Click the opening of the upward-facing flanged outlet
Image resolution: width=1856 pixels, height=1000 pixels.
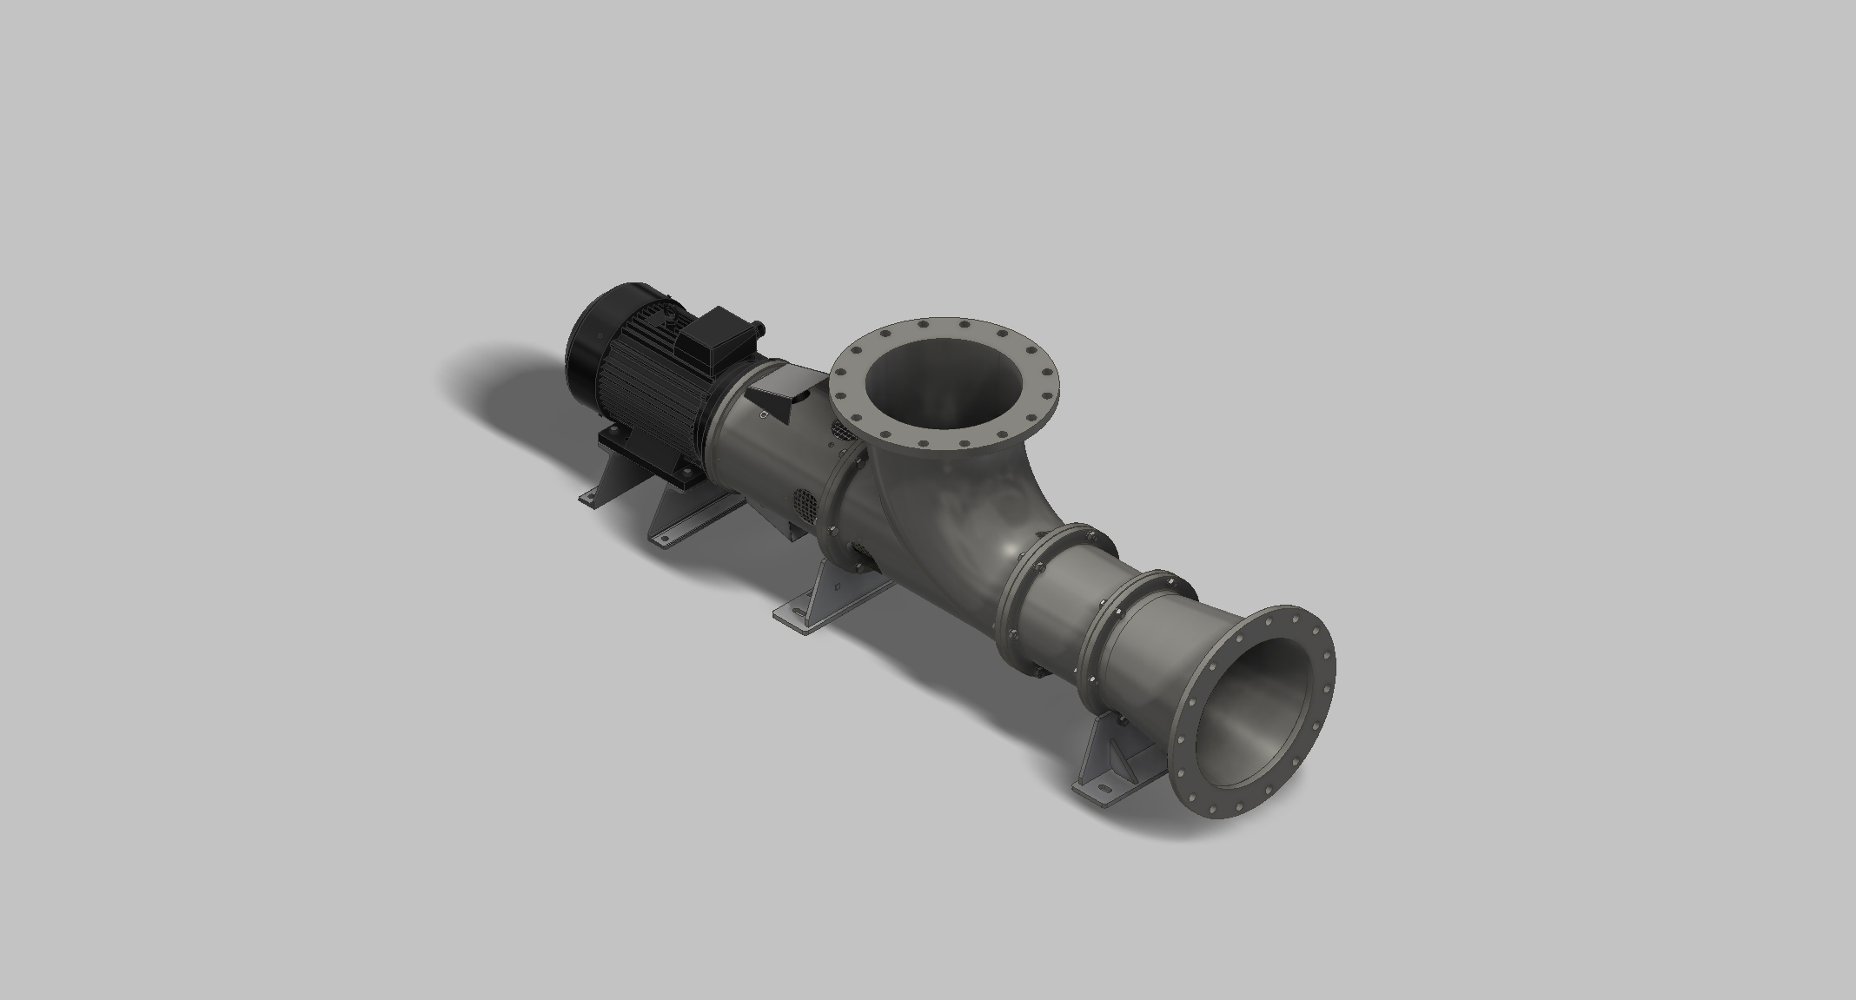tap(943, 382)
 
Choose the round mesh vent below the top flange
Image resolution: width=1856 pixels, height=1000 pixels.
tap(841, 429)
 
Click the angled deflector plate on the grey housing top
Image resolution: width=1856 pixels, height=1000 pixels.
tap(778, 395)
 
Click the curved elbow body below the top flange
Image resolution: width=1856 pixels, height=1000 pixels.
tap(947, 513)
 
